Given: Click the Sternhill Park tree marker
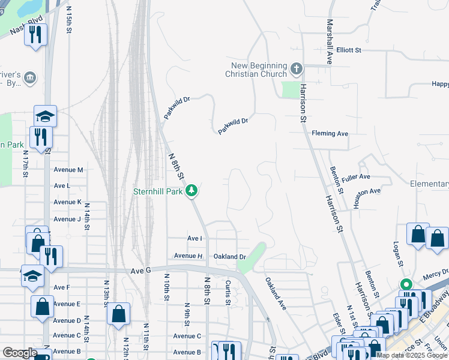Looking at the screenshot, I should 191,191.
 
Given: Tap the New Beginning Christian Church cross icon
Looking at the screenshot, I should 295,69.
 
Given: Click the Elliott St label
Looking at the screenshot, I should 348,50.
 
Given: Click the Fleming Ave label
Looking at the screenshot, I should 334,133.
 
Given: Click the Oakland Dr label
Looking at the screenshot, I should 231,256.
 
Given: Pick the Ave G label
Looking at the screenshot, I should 140,271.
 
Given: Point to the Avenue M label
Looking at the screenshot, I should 68,170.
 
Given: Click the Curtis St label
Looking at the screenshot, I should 228,293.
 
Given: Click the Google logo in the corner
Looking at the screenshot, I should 20,353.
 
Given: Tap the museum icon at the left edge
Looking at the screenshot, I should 29,78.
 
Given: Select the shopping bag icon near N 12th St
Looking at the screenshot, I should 118,313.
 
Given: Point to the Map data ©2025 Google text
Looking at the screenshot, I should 412,355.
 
